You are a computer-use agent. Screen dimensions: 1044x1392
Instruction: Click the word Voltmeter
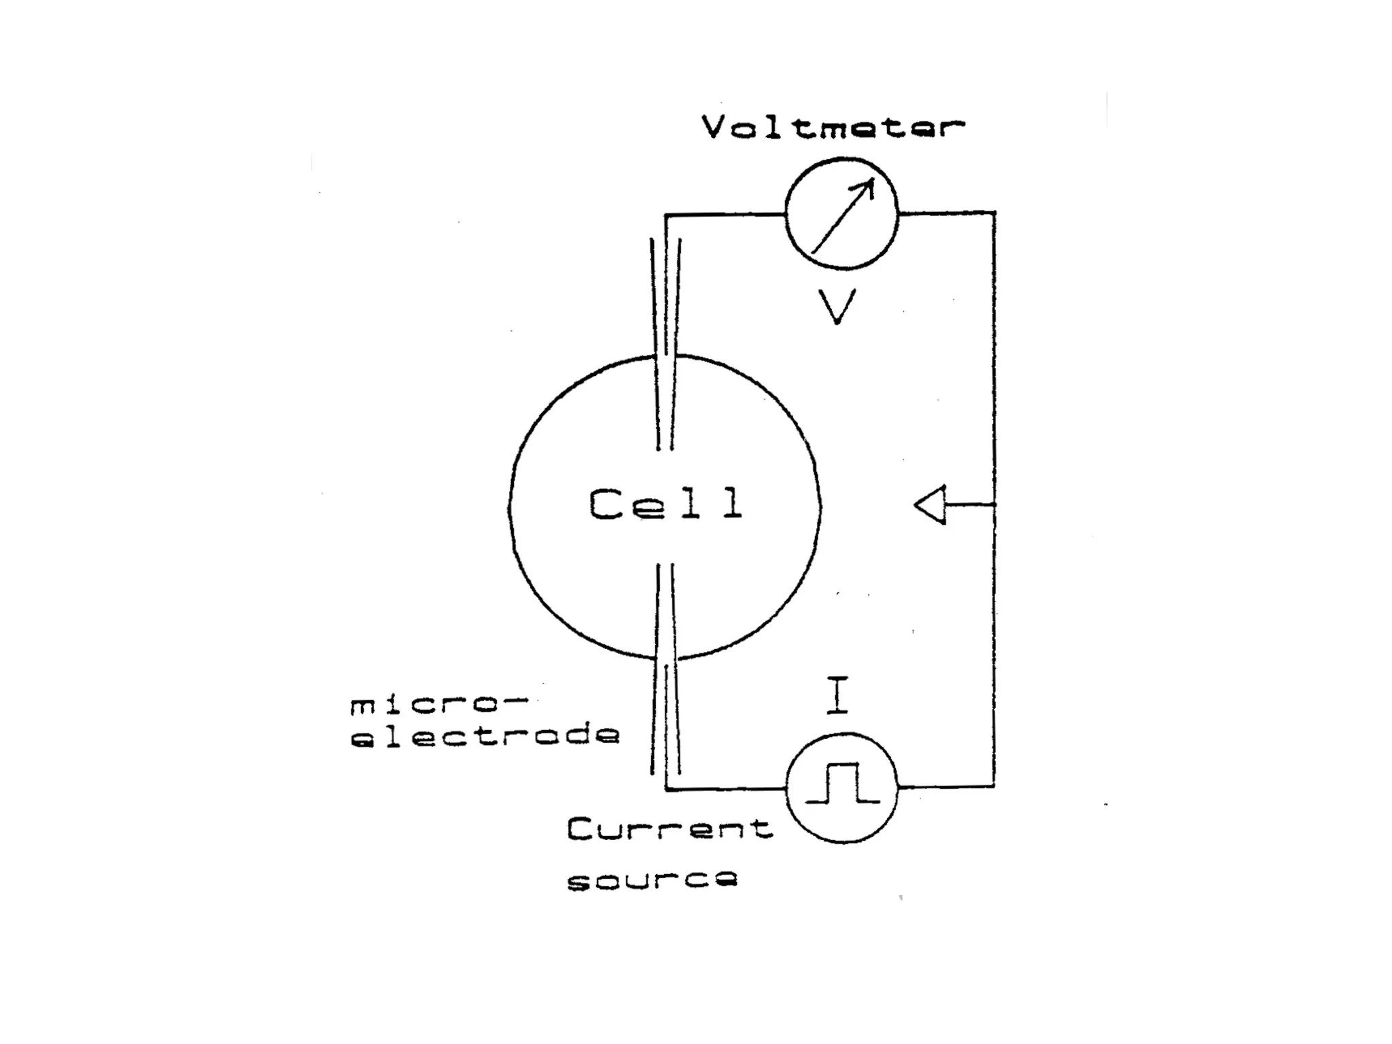(x=833, y=128)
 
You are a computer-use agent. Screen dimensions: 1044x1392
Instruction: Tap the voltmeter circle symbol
(x=841, y=213)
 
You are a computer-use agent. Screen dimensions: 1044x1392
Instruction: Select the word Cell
(x=665, y=504)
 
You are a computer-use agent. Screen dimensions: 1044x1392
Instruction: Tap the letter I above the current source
(x=837, y=695)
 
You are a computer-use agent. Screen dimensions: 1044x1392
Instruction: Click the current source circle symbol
(x=841, y=788)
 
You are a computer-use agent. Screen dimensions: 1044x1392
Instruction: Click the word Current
(x=670, y=829)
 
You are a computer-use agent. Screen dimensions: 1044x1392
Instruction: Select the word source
(x=652, y=880)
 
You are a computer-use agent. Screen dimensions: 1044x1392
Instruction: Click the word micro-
(x=438, y=706)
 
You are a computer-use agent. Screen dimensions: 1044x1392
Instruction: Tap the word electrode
(x=485, y=735)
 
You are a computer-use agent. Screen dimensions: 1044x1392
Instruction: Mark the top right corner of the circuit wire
(x=994, y=213)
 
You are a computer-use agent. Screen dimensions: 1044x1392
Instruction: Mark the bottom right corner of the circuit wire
(x=994, y=787)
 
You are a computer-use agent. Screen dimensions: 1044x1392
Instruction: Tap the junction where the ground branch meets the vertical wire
(x=994, y=504)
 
